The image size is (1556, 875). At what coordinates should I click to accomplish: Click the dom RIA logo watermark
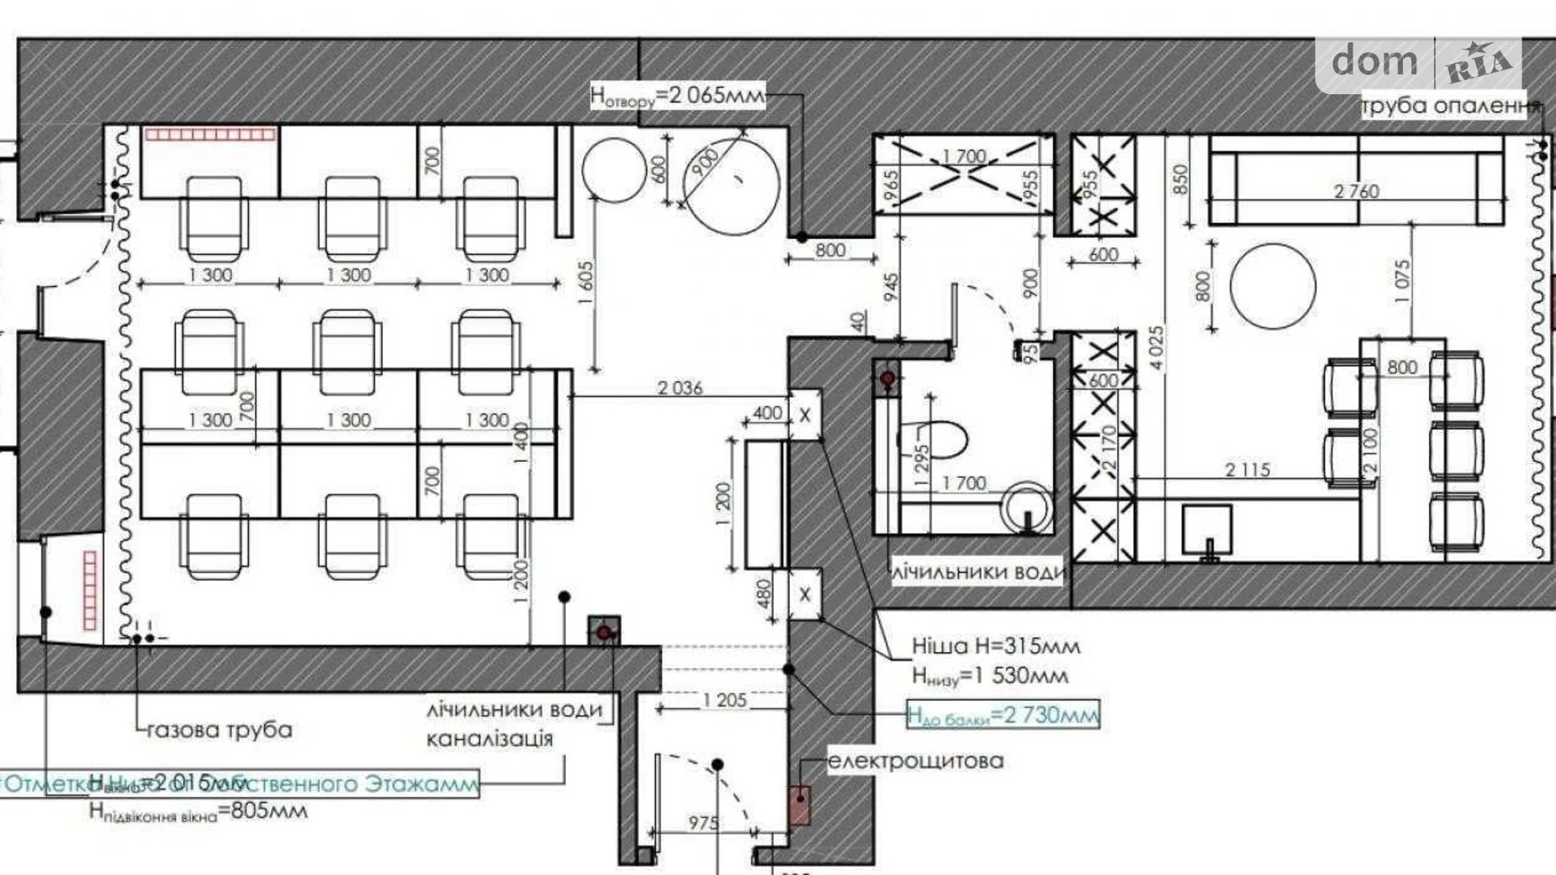point(1420,63)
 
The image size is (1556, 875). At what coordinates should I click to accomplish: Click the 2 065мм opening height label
point(677,95)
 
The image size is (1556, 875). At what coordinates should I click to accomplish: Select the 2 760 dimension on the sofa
point(1356,191)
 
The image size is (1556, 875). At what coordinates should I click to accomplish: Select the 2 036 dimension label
point(680,388)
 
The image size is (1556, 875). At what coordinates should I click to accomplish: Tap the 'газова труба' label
point(220,730)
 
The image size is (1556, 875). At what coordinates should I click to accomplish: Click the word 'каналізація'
point(490,740)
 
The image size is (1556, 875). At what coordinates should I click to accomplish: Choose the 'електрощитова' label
point(915,761)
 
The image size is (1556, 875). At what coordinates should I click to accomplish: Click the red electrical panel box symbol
point(799,804)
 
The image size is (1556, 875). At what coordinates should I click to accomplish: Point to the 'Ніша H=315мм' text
point(995,646)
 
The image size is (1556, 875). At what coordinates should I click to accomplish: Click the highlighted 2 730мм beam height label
point(1003,715)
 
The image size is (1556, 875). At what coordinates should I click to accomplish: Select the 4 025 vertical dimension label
point(1157,347)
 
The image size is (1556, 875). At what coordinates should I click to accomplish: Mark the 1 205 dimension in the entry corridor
point(724,699)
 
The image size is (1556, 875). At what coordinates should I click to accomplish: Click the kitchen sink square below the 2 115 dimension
point(1206,528)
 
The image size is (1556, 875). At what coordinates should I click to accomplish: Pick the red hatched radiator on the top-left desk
point(210,135)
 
